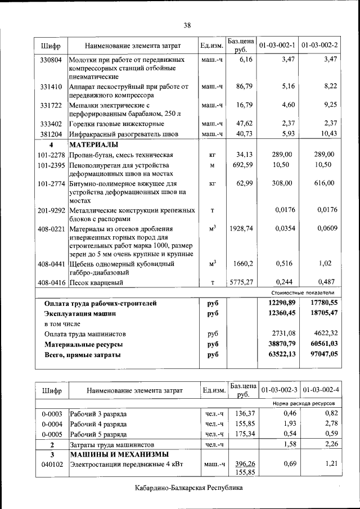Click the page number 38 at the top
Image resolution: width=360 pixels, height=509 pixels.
pyautogui.click(x=187, y=25)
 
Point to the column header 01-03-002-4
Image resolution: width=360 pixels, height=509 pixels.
pyautogui.click(x=320, y=389)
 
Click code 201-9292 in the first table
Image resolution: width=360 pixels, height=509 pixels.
pyautogui.click(x=51, y=210)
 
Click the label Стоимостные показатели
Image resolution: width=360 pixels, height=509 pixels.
pyautogui.click(x=306, y=292)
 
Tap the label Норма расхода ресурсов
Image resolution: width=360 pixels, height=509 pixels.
pyautogui.click(x=305, y=403)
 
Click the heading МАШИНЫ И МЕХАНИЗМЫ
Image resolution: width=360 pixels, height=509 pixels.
pyautogui.click(x=118, y=454)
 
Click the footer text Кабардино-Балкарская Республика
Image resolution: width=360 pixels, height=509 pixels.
pyautogui.click(x=188, y=488)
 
